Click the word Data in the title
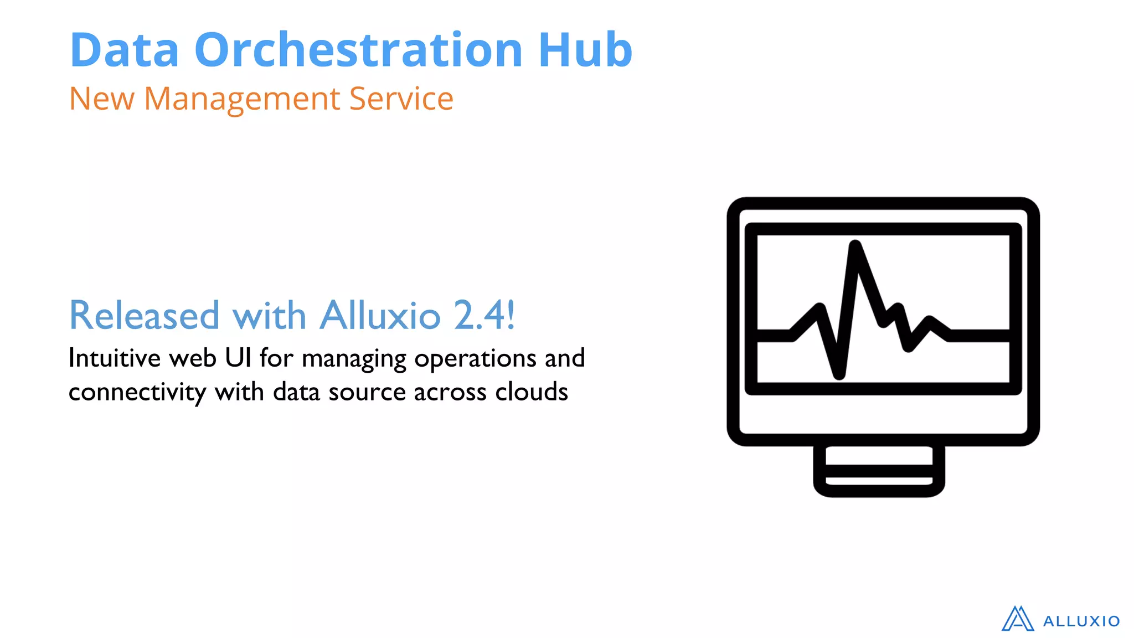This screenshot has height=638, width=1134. point(125,50)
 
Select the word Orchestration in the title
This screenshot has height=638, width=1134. point(358,50)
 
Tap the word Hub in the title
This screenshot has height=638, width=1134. point(585,50)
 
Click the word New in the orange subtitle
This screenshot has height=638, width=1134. point(101,99)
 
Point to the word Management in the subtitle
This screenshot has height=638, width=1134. point(242,100)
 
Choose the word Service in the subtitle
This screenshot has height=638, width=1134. point(401,99)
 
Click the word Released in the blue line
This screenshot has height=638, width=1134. point(144,315)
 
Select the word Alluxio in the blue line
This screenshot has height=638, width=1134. point(380,315)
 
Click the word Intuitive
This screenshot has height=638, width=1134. point(115,358)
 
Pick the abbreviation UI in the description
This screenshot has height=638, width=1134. point(238,358)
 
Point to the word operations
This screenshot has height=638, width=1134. point(475,359)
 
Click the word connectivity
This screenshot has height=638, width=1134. point(137,392)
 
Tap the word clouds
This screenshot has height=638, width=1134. point(532,392)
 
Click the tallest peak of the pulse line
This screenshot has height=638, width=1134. point(855,246)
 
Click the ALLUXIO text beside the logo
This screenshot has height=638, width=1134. point(1081,621)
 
